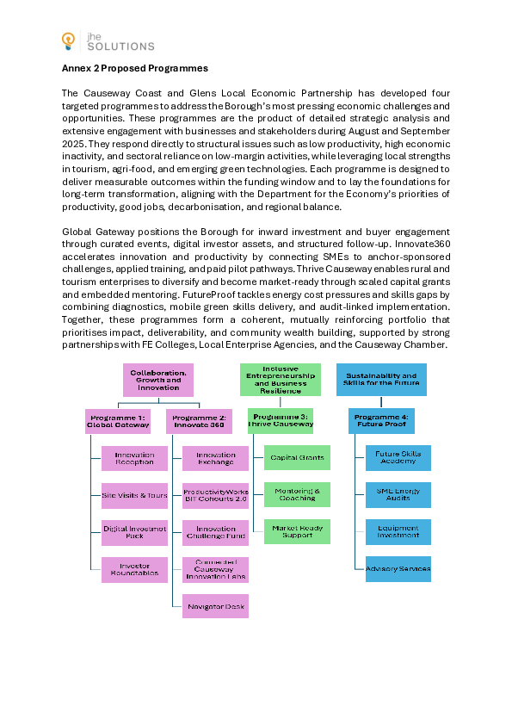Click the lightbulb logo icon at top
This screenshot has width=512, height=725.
tap(69, 40)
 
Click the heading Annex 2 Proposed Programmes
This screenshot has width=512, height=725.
tap(134, 68)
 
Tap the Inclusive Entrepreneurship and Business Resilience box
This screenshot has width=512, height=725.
tap(280, 380)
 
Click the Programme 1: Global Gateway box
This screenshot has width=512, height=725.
tap(118, 421)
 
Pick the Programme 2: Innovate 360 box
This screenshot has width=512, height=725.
tap(199, 421)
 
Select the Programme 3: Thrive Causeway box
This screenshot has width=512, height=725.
tap(280, 420)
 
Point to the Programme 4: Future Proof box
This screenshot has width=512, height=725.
tap(381, 421)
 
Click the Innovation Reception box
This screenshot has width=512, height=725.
tap(134, 458)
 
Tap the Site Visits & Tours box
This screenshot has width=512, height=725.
tap(134, 495)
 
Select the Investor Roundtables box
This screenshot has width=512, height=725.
tap(134, 569)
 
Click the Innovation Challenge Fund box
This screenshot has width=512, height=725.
tap(215, 532)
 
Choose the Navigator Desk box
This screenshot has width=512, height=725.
tap(215, 606)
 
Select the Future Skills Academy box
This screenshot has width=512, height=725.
tap(398, 457)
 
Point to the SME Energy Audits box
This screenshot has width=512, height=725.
tap(398, 494)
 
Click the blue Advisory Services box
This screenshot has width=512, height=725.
tap(398, 569)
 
